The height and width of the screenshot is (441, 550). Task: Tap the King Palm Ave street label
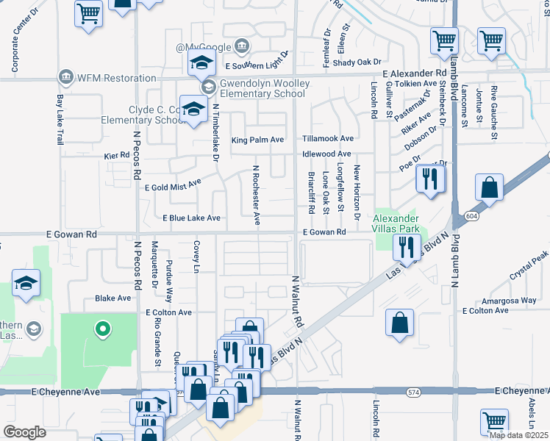pos(257,139)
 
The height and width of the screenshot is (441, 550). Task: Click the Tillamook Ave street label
pos(328,139)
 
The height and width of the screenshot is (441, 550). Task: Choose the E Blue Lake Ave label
pos(191,218)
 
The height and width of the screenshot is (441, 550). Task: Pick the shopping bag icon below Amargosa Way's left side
pos(400,323)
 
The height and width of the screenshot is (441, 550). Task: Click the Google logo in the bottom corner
pos(24,431)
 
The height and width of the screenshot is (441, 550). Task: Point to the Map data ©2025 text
pos(518,435)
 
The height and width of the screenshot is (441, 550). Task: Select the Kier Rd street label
pos(116,156)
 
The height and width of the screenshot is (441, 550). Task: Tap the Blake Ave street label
pos(113,298)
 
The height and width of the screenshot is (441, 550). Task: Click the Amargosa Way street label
pos(508,301)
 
